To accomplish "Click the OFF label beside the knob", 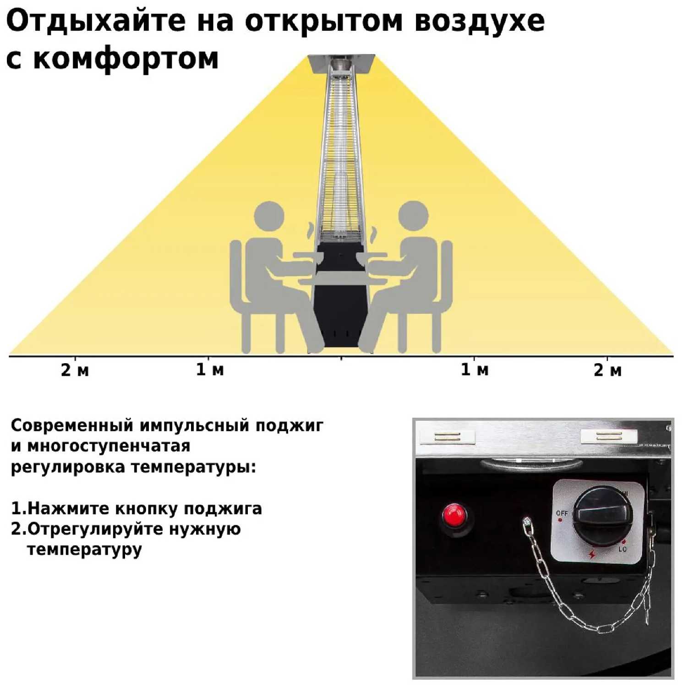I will point(562,513).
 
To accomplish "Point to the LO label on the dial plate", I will point(623,549).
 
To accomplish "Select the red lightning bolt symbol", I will point(592,554).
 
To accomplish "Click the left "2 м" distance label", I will point(75,370).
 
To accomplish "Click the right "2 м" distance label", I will point(608,370).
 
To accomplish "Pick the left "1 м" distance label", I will point(210,370).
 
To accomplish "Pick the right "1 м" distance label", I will point(475,370).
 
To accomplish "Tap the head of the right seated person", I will point(414,216).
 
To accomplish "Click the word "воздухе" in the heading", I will point(480,21).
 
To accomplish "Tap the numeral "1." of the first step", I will point(18,508).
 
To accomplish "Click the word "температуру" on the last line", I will point(84,549).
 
